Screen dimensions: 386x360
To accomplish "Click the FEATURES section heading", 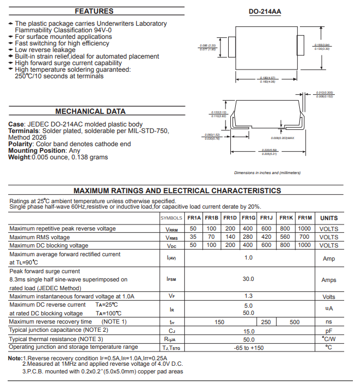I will tap(94, 11).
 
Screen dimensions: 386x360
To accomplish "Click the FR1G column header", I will tap(248, 218).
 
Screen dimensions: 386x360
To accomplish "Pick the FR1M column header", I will tap(305, 218).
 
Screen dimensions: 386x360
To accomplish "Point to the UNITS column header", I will tap(329, 218).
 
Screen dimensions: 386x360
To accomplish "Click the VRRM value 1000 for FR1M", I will tap(305, 228).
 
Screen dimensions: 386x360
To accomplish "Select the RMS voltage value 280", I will tap(248, 237).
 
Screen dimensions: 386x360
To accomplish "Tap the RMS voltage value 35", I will tap(193, 237).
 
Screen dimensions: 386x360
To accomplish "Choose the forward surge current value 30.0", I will tap(248, 279).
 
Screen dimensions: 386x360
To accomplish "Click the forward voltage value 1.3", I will tap(248, 296).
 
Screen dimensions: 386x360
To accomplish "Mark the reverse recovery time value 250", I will tap(266, 322).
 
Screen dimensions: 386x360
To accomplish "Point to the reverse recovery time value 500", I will tap(294, 322).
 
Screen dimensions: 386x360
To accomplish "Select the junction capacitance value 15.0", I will tap(248, 331).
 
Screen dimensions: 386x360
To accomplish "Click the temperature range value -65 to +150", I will tap(248, 348).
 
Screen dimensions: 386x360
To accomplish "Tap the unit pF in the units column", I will tap(329, 331).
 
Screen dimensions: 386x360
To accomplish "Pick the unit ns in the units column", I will tap(329, 322).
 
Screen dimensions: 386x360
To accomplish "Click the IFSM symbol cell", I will tap(171, 279).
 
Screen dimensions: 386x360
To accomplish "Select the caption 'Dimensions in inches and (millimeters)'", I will tap(268, 172).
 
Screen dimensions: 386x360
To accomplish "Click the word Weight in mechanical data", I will tap(19, 157).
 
